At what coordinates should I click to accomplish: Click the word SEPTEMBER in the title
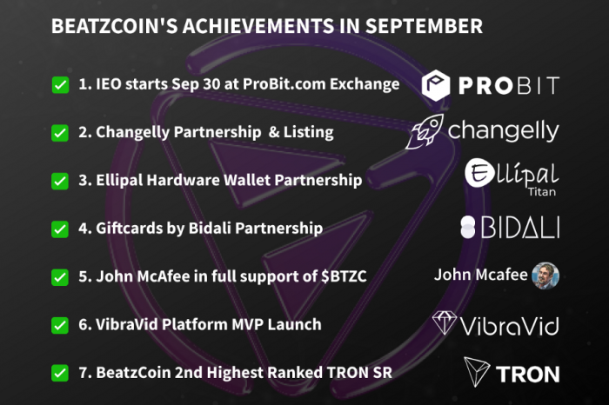click(x=424, y=26)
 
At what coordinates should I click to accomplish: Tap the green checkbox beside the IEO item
click(x=60, y=85)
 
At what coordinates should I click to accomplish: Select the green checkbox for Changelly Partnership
click(x=60, y=133)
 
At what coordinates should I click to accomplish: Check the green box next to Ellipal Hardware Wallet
click(x=60, y=181)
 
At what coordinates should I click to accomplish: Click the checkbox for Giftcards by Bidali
click(x=60, y=229)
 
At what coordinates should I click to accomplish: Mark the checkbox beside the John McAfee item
click(x=60, y=277)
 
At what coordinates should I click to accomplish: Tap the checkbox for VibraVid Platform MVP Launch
click(x=60, y=325)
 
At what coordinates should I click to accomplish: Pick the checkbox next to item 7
click(x=60, y=373)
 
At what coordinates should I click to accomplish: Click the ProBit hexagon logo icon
click(x=436, y=85)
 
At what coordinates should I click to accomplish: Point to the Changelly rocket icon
click(x=425, y=131)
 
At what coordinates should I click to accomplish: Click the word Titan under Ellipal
click(x=542, y=192)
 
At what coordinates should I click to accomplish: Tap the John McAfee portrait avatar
click(x=545, y=276)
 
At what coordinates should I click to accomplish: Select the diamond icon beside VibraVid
click(x=445, y=322)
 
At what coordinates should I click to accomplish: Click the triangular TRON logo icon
click(x=476, y=372)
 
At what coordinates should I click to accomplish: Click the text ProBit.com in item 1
click(x=284, y=84)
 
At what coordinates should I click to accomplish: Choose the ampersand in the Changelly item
click(x=274, y=132)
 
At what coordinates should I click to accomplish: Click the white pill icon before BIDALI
click(x=468, y=228)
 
